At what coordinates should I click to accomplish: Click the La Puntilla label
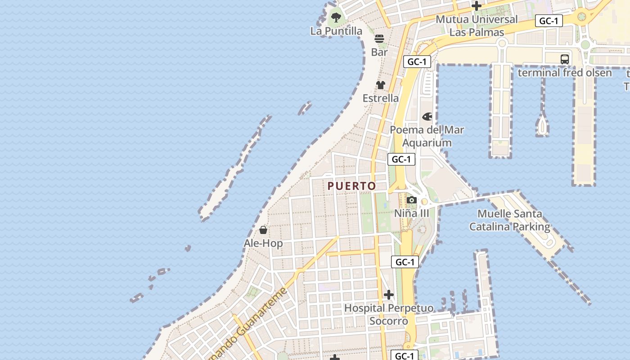pyautogui.click(x=336, y=31)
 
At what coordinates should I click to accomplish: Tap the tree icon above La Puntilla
pyautogui.click(x=336, y=18)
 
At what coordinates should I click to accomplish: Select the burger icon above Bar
pyautogui.click(x=379, y=39)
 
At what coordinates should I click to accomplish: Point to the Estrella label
pyautogui.click(x=381, y=98)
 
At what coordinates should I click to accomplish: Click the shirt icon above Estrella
pyautogui.click(x=381, y=85)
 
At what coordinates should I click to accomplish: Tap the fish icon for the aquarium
pyautogui.click(x=427, y=117)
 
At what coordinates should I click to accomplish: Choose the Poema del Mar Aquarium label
pyautogui.click(x=427, y=136)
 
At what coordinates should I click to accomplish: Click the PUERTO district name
pyautogui.click(x=351, y=186)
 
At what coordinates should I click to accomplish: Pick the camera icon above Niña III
pyautogui.click(x=411, y=200)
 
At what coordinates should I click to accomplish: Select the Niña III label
pyautogui.click(x=412, y=213)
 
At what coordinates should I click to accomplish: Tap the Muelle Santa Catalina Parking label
pyautogui.click(x=510, y=220)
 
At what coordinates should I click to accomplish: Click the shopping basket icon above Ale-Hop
pyautogui.click(x=263, y=230)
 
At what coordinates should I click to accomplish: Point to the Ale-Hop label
pyautogui.click(x=263, y=243)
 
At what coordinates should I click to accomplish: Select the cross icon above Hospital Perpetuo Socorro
pyautogui.click(x=389, y=295)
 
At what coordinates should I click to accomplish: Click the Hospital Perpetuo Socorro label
pyautogui.click(x=389, y=315)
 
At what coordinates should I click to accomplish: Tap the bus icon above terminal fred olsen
pyautogui.click(x=565, y=59)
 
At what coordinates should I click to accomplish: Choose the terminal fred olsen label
pyautogui.click(x=565, y=72)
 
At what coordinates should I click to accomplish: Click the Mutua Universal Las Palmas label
pyautogui.click(x=477, y=26)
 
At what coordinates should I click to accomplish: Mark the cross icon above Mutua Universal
pyautogui.click(x=477, y=6)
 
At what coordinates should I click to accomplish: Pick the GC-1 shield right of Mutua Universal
pyautogui.click(x=549, y=21)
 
